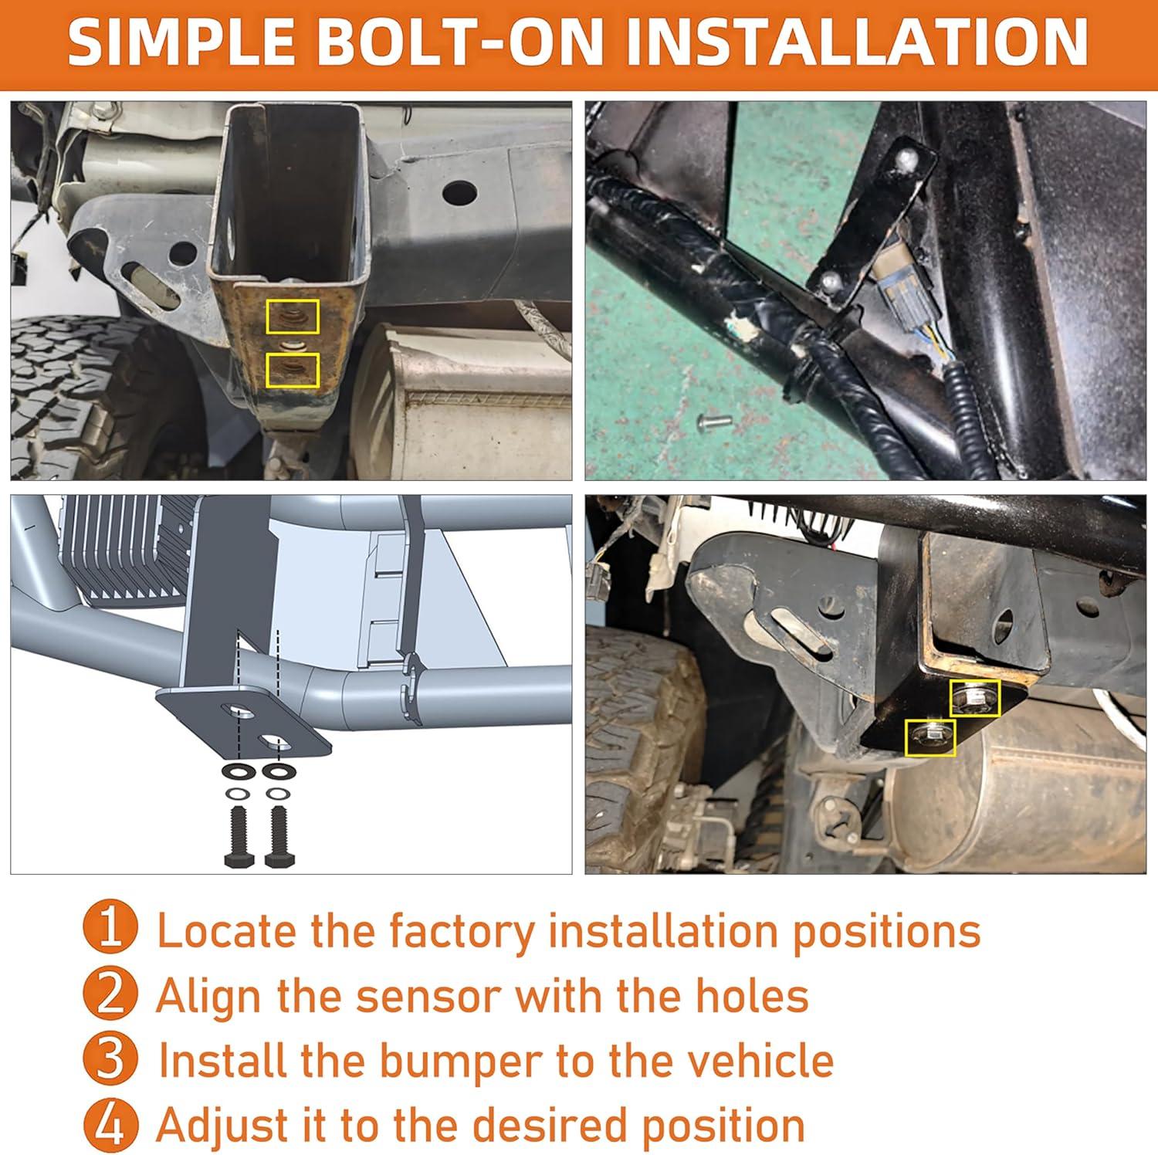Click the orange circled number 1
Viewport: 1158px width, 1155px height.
(x=110, y=930)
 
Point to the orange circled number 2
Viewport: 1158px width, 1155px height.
(x=110, y=994)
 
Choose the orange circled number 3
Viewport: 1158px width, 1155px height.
(x=110, y=1059)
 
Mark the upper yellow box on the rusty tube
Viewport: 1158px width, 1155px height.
(x=293, y=317)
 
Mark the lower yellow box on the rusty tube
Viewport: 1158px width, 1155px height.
(x=292, y=370)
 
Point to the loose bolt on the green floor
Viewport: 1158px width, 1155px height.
(x=714, y=422)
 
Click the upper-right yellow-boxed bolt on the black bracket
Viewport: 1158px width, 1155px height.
(x=975, y=698)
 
